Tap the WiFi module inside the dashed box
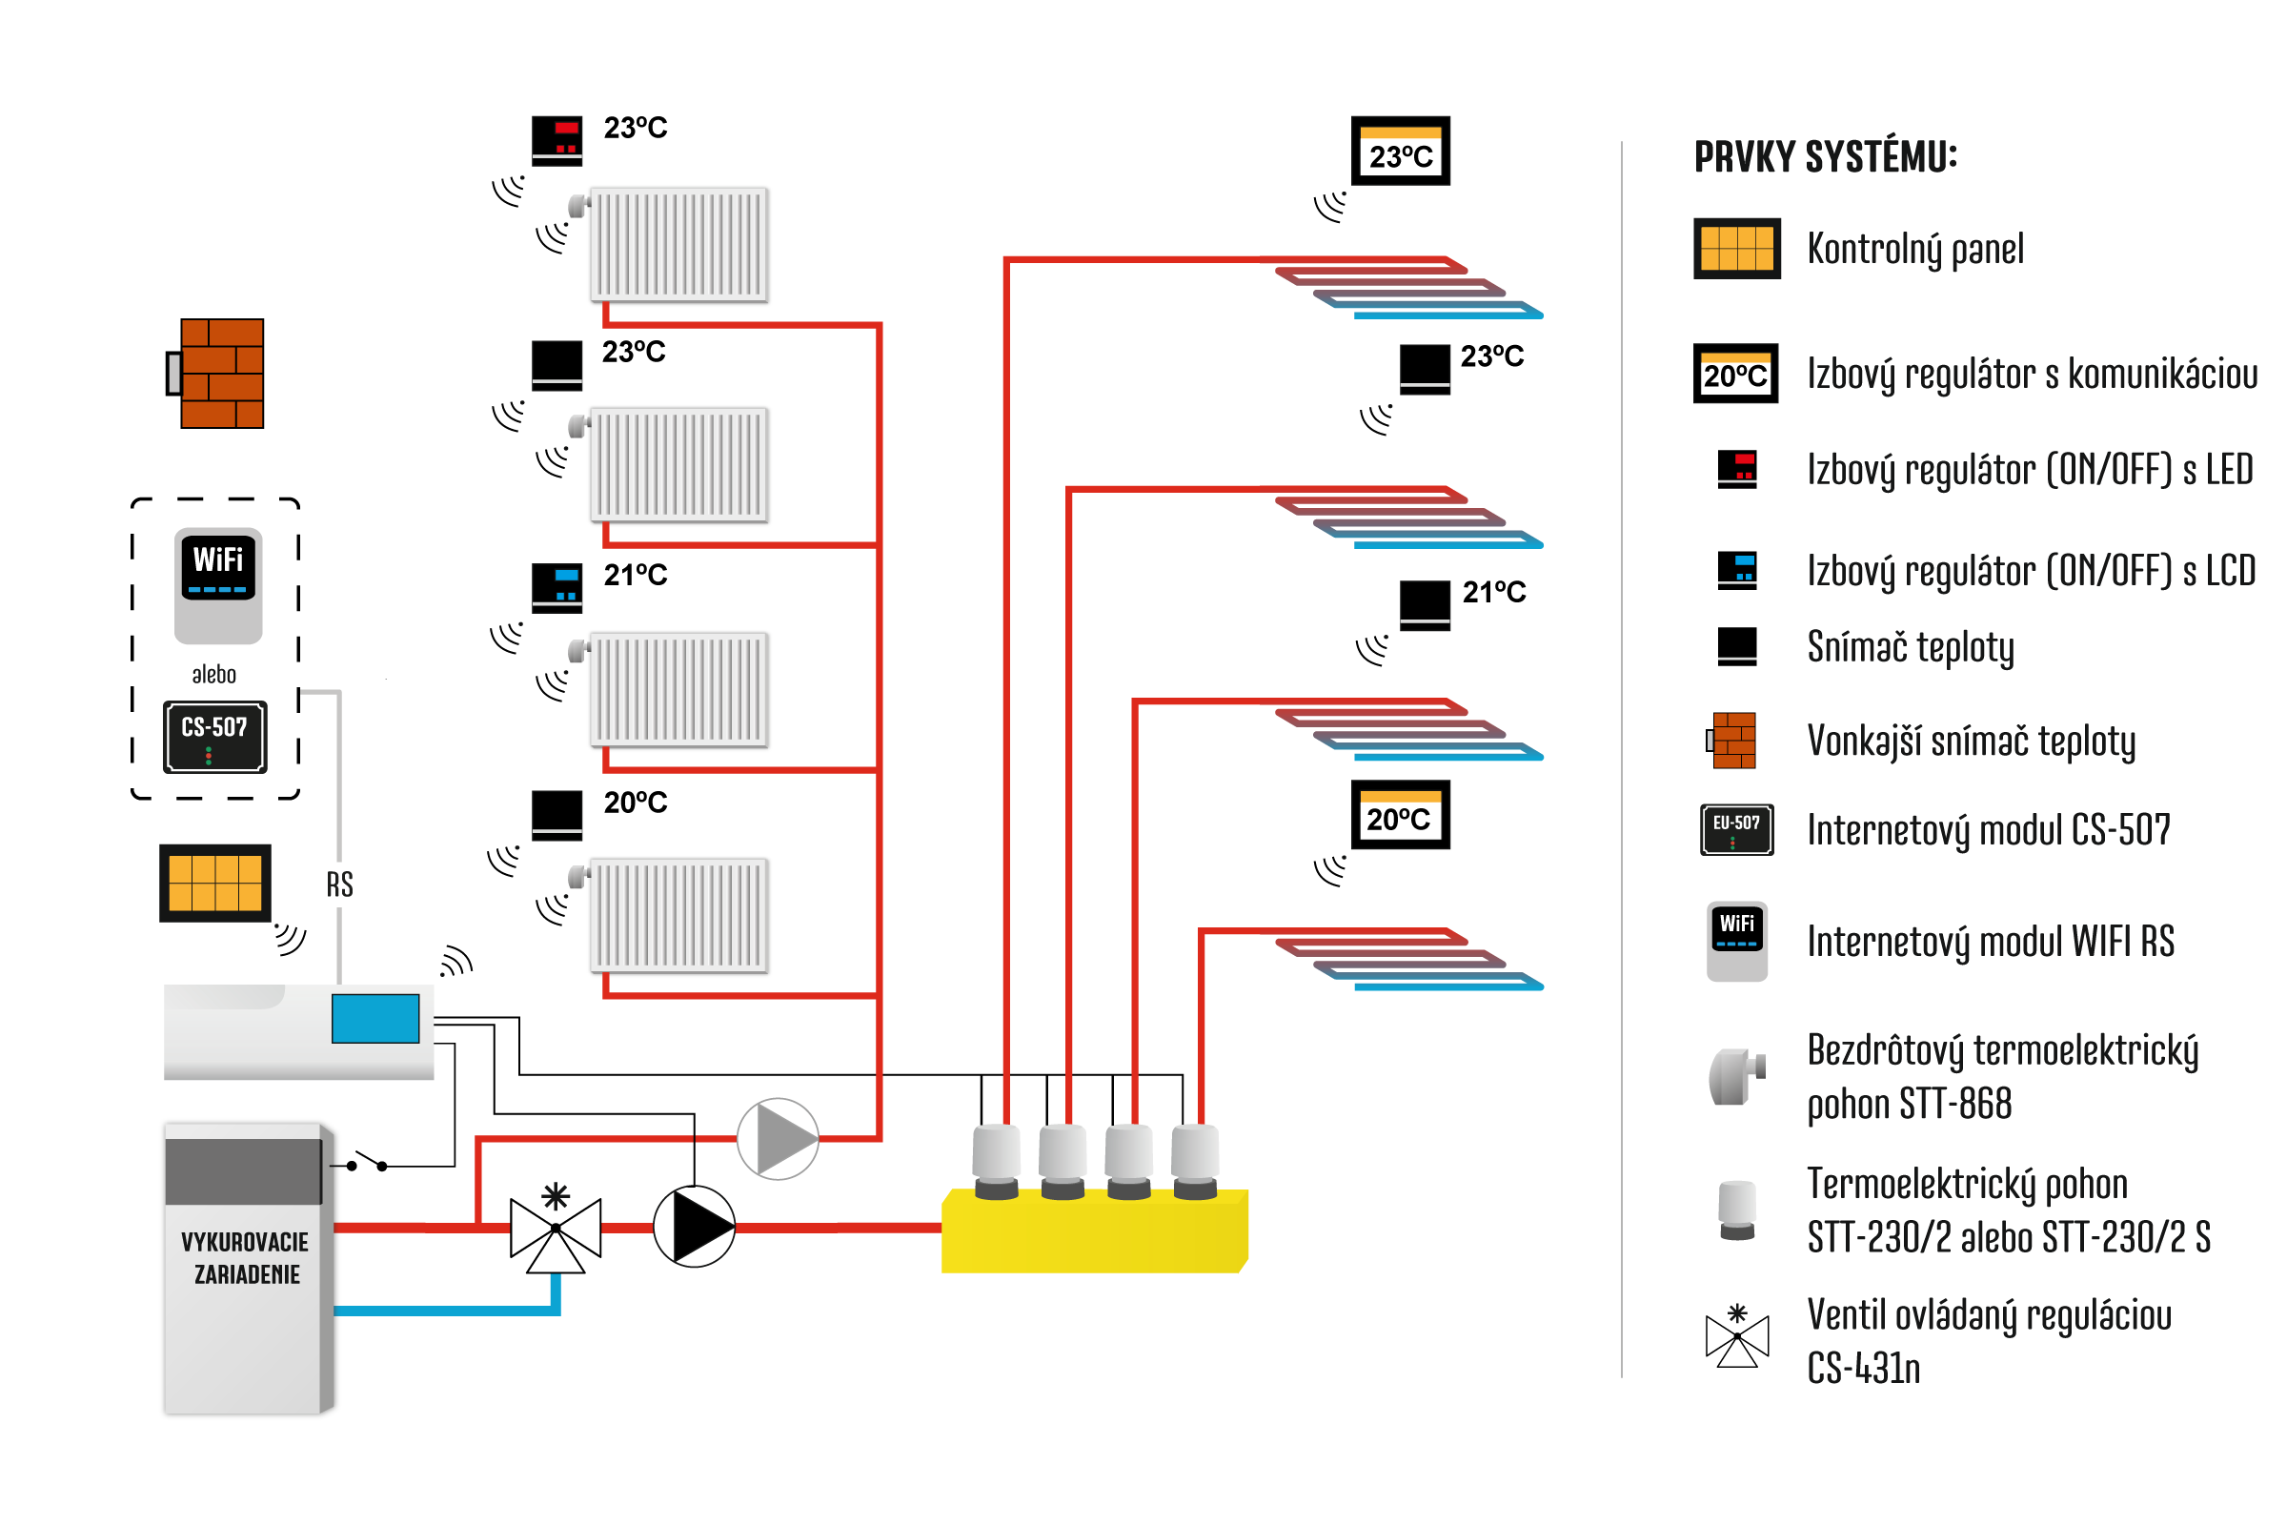(218, 585)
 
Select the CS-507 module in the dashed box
(215, 736)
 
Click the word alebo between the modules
(213, 674)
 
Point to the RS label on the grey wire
(339, 884)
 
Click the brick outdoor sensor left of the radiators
(216, 374)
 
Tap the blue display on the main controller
(375, 1018)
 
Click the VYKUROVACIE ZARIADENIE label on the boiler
(245, 1257)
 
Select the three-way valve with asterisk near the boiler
(556, 1228)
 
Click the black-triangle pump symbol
(695, 1227)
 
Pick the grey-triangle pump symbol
(778, 1139)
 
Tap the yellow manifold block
(1095, 1231)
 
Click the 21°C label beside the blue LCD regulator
(635, 575)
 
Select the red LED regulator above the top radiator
(557, 141)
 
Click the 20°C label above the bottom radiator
(635, 803)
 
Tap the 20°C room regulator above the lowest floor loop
(1400, 815)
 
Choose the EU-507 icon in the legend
(1736, 829)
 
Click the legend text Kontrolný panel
(1915, 250)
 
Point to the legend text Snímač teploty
(1911, 648)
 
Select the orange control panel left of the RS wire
(215, 884)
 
